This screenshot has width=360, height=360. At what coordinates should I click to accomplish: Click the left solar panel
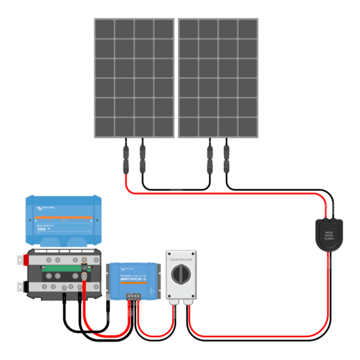[134, 77]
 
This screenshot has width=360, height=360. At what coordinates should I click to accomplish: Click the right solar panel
[219, 77]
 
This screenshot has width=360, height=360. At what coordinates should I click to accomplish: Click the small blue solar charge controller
[135, 278]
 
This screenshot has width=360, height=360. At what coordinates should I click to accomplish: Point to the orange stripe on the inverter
[63, 216]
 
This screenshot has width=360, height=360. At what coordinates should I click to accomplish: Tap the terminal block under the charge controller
[135, 295]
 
